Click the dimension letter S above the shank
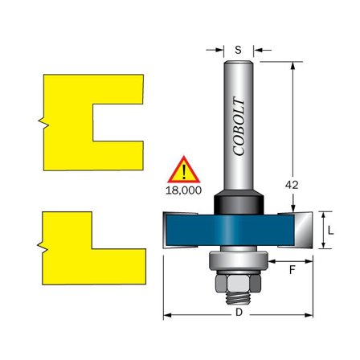239,50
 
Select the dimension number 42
292,185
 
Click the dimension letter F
292,270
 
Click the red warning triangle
186,172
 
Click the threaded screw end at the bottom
238,299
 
